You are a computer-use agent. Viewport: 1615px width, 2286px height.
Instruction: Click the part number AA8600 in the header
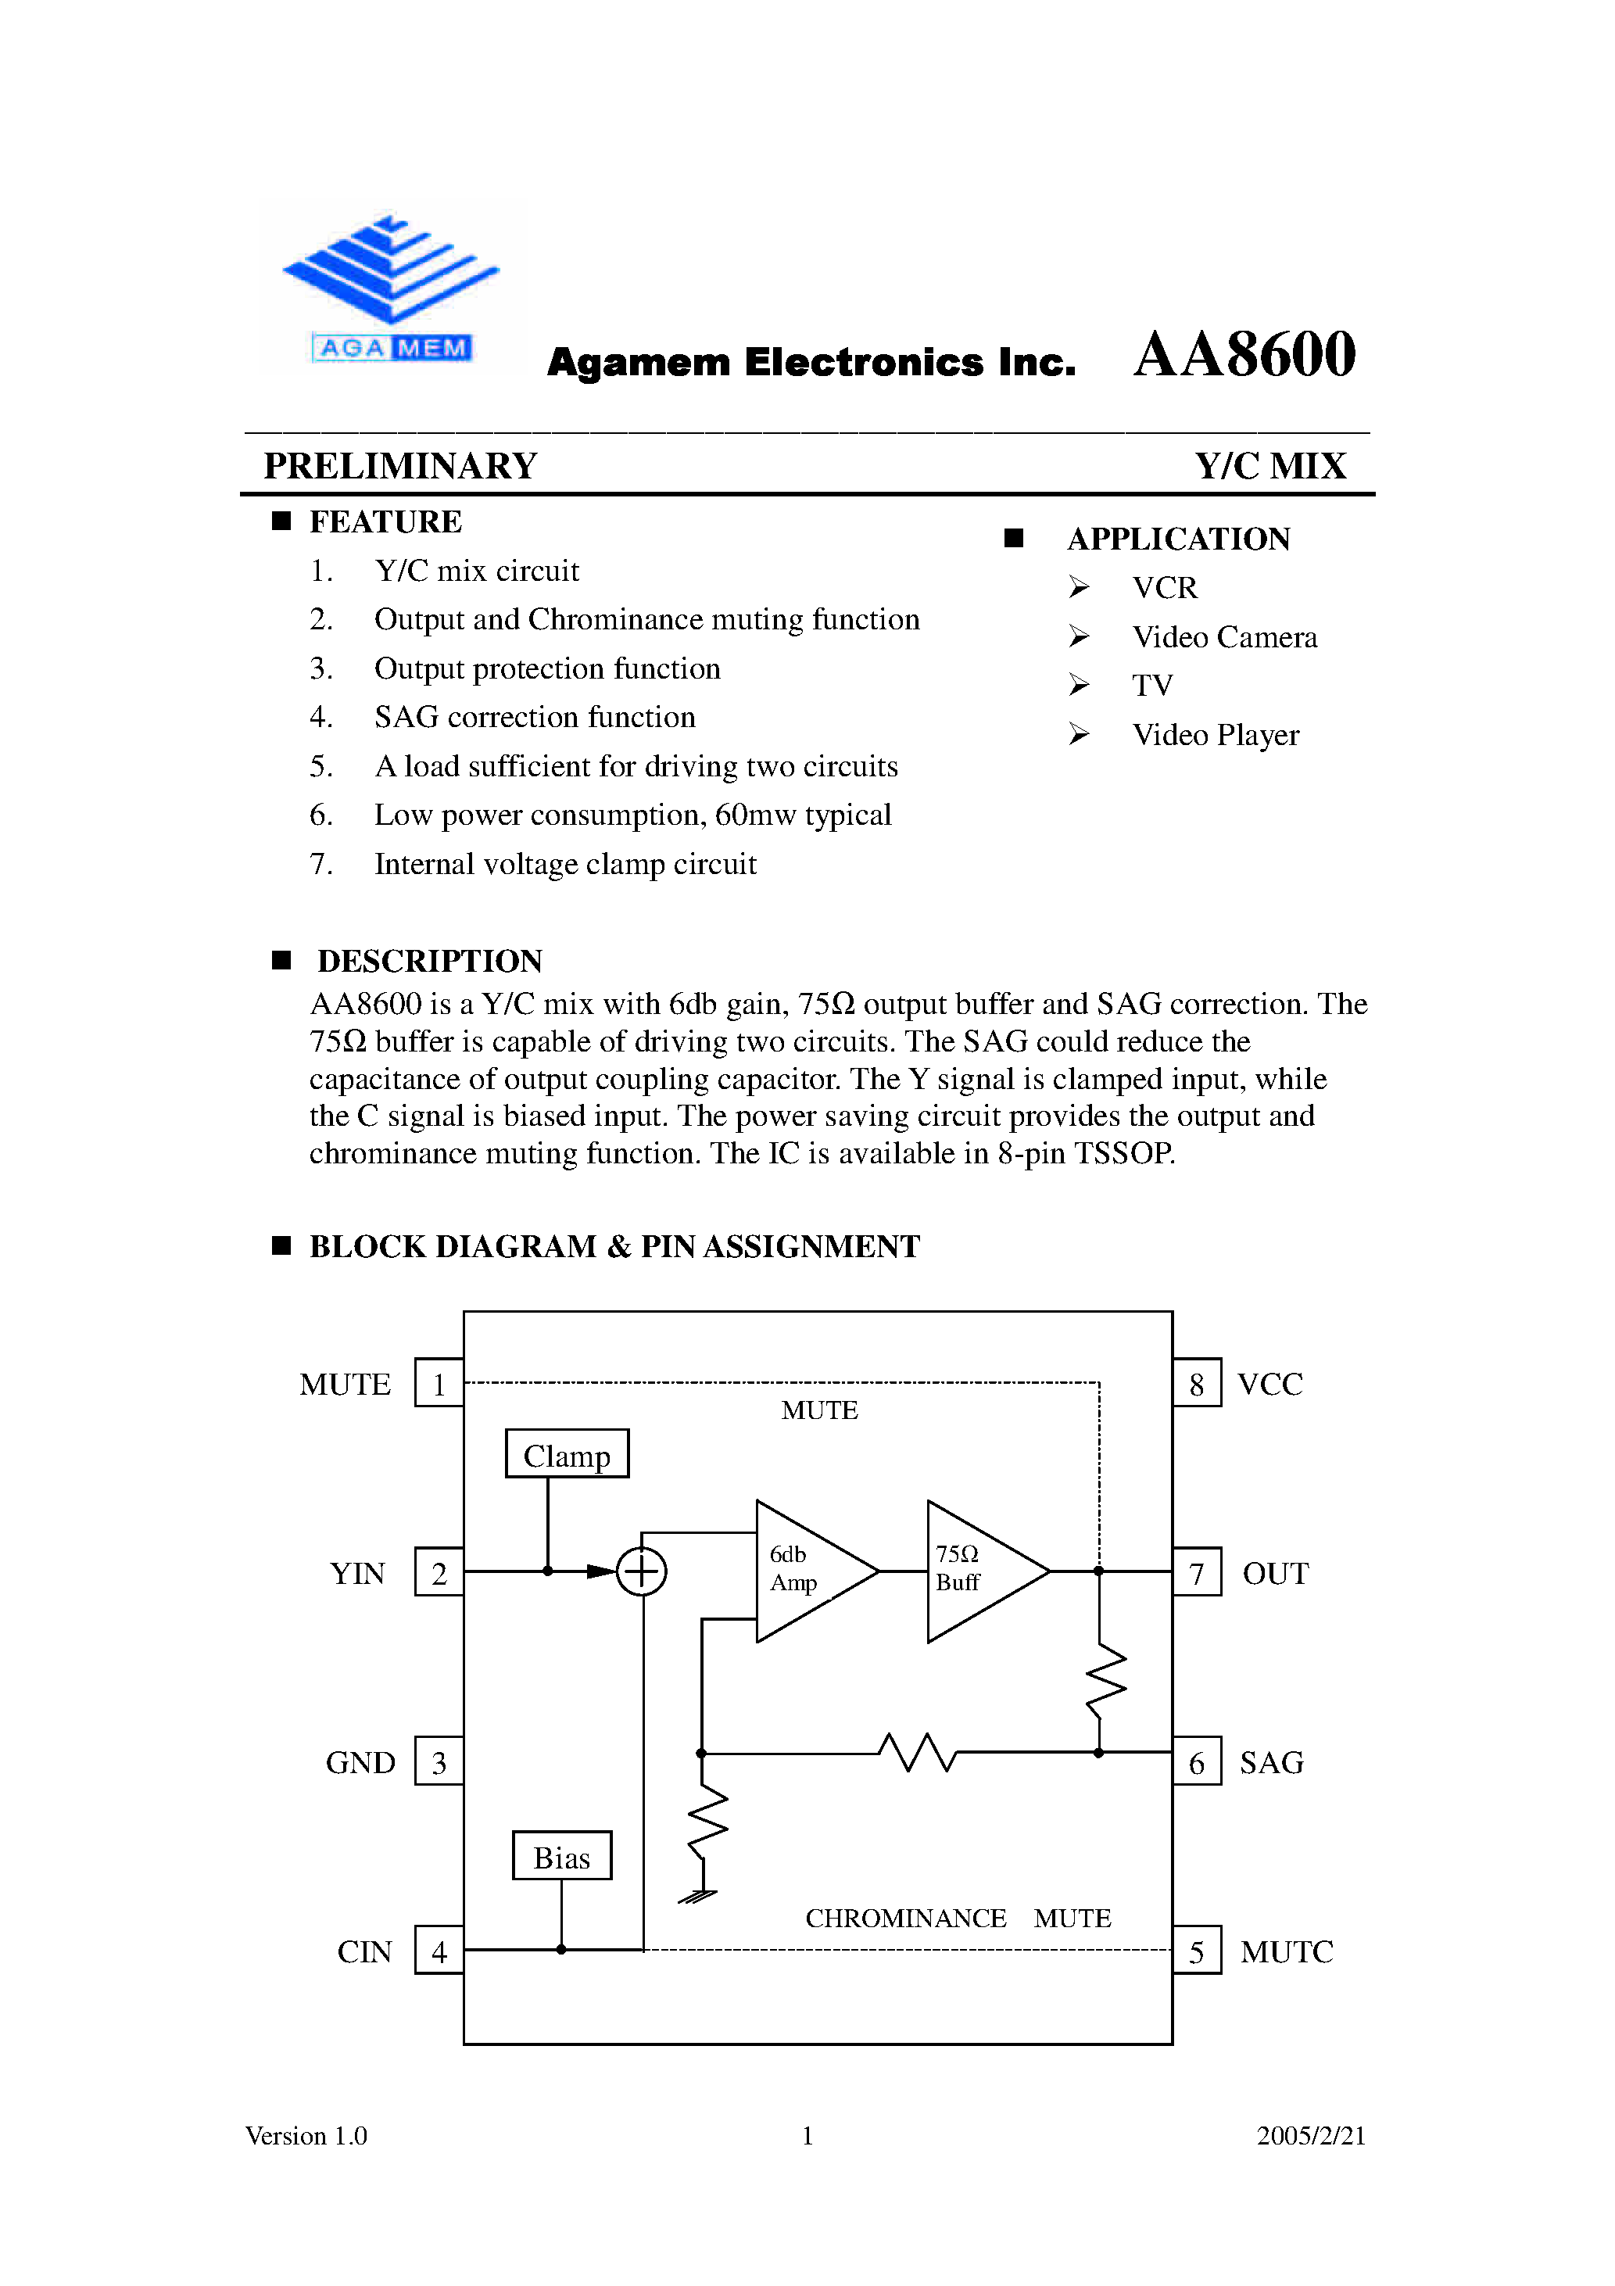click(x=1244, y=356)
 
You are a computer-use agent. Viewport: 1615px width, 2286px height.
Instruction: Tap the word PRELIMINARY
click(x=400, y=466)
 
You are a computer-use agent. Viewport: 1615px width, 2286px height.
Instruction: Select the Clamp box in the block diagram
click(x=567, y=1455)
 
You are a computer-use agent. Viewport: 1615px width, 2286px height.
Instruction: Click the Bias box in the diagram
click(x=561, y=1857)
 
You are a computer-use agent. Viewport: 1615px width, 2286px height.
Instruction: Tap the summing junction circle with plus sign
click(x=641, y=1571)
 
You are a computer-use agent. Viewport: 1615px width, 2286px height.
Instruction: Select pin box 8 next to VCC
click(x=1196, y=1383)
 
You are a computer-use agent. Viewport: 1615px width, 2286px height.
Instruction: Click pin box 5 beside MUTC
click(x=1196, y=1951)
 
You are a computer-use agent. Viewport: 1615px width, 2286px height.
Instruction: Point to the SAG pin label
click(x=1272, y=1762)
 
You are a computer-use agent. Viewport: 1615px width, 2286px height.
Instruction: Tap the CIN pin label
click(x=364, y=1951)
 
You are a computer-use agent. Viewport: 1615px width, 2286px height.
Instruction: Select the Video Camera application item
click(x=1223, y=637)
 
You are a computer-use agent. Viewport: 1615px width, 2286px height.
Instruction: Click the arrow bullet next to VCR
click(x=1080, y=587)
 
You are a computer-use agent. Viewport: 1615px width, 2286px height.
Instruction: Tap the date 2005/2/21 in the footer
click(x=1310, y=2136)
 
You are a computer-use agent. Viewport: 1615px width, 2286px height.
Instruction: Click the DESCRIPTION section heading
click(x=429, y=961)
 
